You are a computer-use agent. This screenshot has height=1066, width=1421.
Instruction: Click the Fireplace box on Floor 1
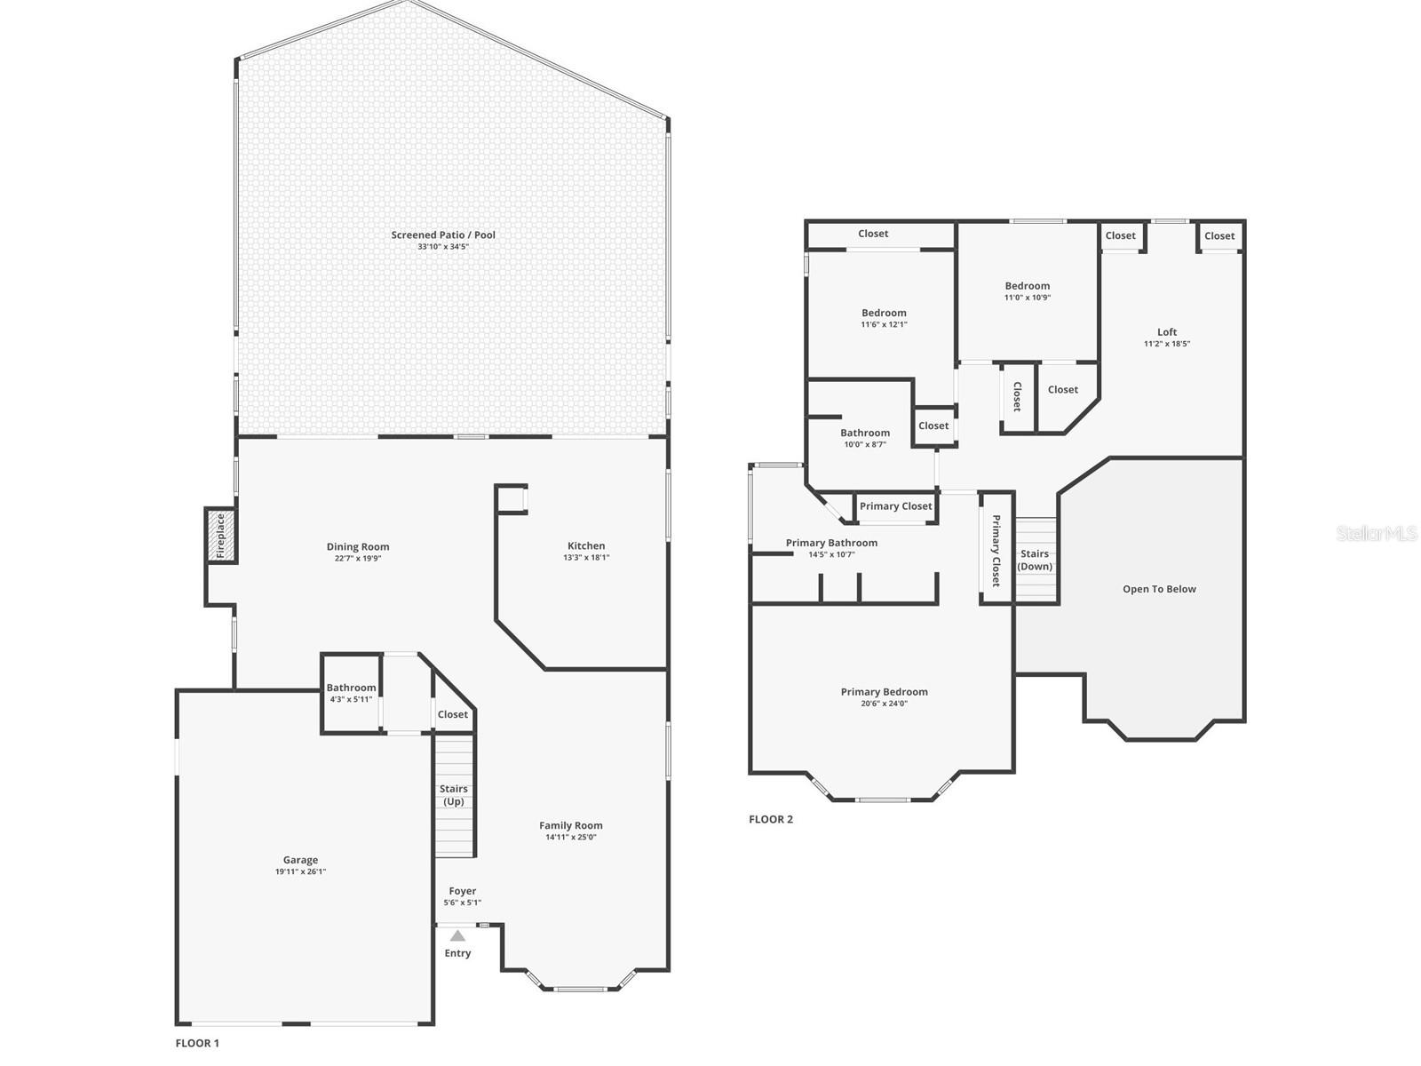pos(221,535)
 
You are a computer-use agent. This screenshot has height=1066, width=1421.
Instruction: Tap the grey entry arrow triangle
pos(457,935)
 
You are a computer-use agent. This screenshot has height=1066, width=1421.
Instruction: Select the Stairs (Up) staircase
pos(455,795)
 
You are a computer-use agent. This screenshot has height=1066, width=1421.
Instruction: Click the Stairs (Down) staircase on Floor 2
pos(1036,560)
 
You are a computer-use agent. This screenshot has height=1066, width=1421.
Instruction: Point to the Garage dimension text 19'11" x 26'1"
pos(300,872)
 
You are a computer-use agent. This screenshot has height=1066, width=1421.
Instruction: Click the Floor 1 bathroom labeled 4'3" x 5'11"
pos(351,693)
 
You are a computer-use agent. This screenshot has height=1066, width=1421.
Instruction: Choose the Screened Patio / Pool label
pos(443,235)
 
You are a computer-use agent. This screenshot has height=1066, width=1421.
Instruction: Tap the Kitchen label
pos(586,546)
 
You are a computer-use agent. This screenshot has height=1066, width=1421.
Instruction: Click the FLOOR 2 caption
pos(771,819)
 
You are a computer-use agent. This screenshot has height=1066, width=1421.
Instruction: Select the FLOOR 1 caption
pos(197,1043)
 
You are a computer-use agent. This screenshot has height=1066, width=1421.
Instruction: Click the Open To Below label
pos(1159,589)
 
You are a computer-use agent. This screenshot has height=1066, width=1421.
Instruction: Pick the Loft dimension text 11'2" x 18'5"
pos(1167,344)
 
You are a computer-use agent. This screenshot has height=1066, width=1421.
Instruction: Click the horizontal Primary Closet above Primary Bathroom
pos(895,506)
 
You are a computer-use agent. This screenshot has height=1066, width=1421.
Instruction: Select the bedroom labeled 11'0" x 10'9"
pos(1028,291)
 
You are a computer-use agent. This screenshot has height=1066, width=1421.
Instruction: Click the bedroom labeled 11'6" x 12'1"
pos(884,318)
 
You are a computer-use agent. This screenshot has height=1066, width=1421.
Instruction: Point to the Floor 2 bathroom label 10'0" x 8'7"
pos(864,444)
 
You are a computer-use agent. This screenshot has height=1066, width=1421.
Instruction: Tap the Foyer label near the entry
pos(462,891)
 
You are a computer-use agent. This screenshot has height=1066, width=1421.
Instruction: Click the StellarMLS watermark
pos(1376,533)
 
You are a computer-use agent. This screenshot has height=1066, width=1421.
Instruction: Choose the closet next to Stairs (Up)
pos(453,714)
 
